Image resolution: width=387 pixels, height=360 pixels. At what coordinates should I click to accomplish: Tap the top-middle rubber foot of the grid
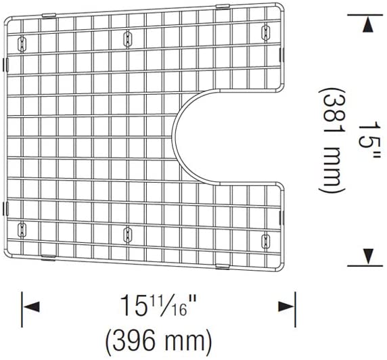(127, 39)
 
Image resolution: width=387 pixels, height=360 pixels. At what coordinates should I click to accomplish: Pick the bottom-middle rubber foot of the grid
(127, 235)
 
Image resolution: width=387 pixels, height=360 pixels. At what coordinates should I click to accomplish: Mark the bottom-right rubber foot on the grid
(265, 240)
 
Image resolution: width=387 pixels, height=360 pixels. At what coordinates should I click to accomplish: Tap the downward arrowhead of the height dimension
(368, 256)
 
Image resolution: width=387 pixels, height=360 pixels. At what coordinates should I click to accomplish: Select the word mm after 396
(181, 336)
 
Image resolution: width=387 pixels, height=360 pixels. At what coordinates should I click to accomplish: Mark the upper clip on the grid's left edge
(6, 64)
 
